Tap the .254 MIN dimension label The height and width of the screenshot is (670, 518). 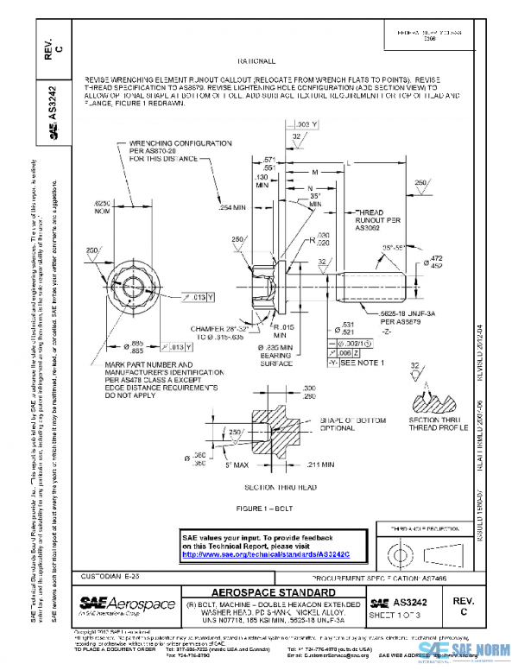pyautogui.click(x=232, y=207)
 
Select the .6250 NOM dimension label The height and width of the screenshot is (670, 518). pyautogui.click(x=104, y=205)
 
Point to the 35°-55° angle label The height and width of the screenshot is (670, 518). pyautogui.click(x=395, y=246)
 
